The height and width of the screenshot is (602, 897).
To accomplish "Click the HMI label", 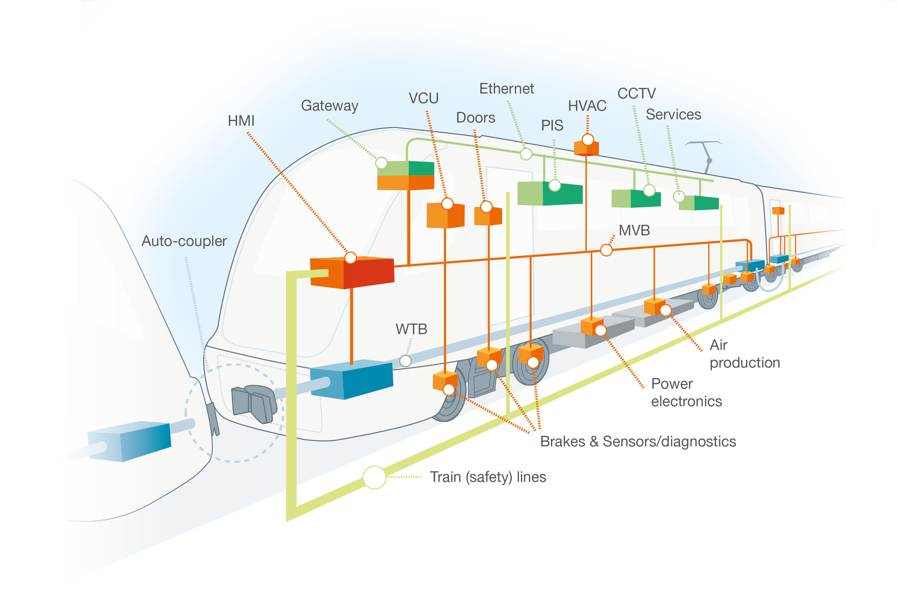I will click(241, 121).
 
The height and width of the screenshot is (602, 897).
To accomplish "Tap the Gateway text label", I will click(329, 106).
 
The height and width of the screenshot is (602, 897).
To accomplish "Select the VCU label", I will click(423, 98).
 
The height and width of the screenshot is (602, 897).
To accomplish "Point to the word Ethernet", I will click(506, 89).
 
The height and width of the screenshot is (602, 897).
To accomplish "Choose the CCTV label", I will click(636, 93).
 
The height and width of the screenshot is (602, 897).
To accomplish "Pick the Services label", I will click(673, 114).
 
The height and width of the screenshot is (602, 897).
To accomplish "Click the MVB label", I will click(634, 230).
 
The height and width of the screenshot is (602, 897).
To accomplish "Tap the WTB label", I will click(411, 329).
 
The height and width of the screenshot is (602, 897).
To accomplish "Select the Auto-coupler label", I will click(184, 241).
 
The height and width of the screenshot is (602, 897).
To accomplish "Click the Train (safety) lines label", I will click(487, 477).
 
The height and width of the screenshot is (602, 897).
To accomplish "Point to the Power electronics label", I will click(686, 392).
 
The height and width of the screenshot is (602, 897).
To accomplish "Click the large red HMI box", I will click(352, 273).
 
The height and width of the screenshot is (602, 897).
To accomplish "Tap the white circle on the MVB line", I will click(606, 250).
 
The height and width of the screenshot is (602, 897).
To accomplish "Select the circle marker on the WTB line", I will click(405, 360).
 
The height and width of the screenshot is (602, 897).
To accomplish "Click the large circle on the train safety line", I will click(374, 477).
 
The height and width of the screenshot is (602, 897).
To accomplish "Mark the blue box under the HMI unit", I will click(351, 379).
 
